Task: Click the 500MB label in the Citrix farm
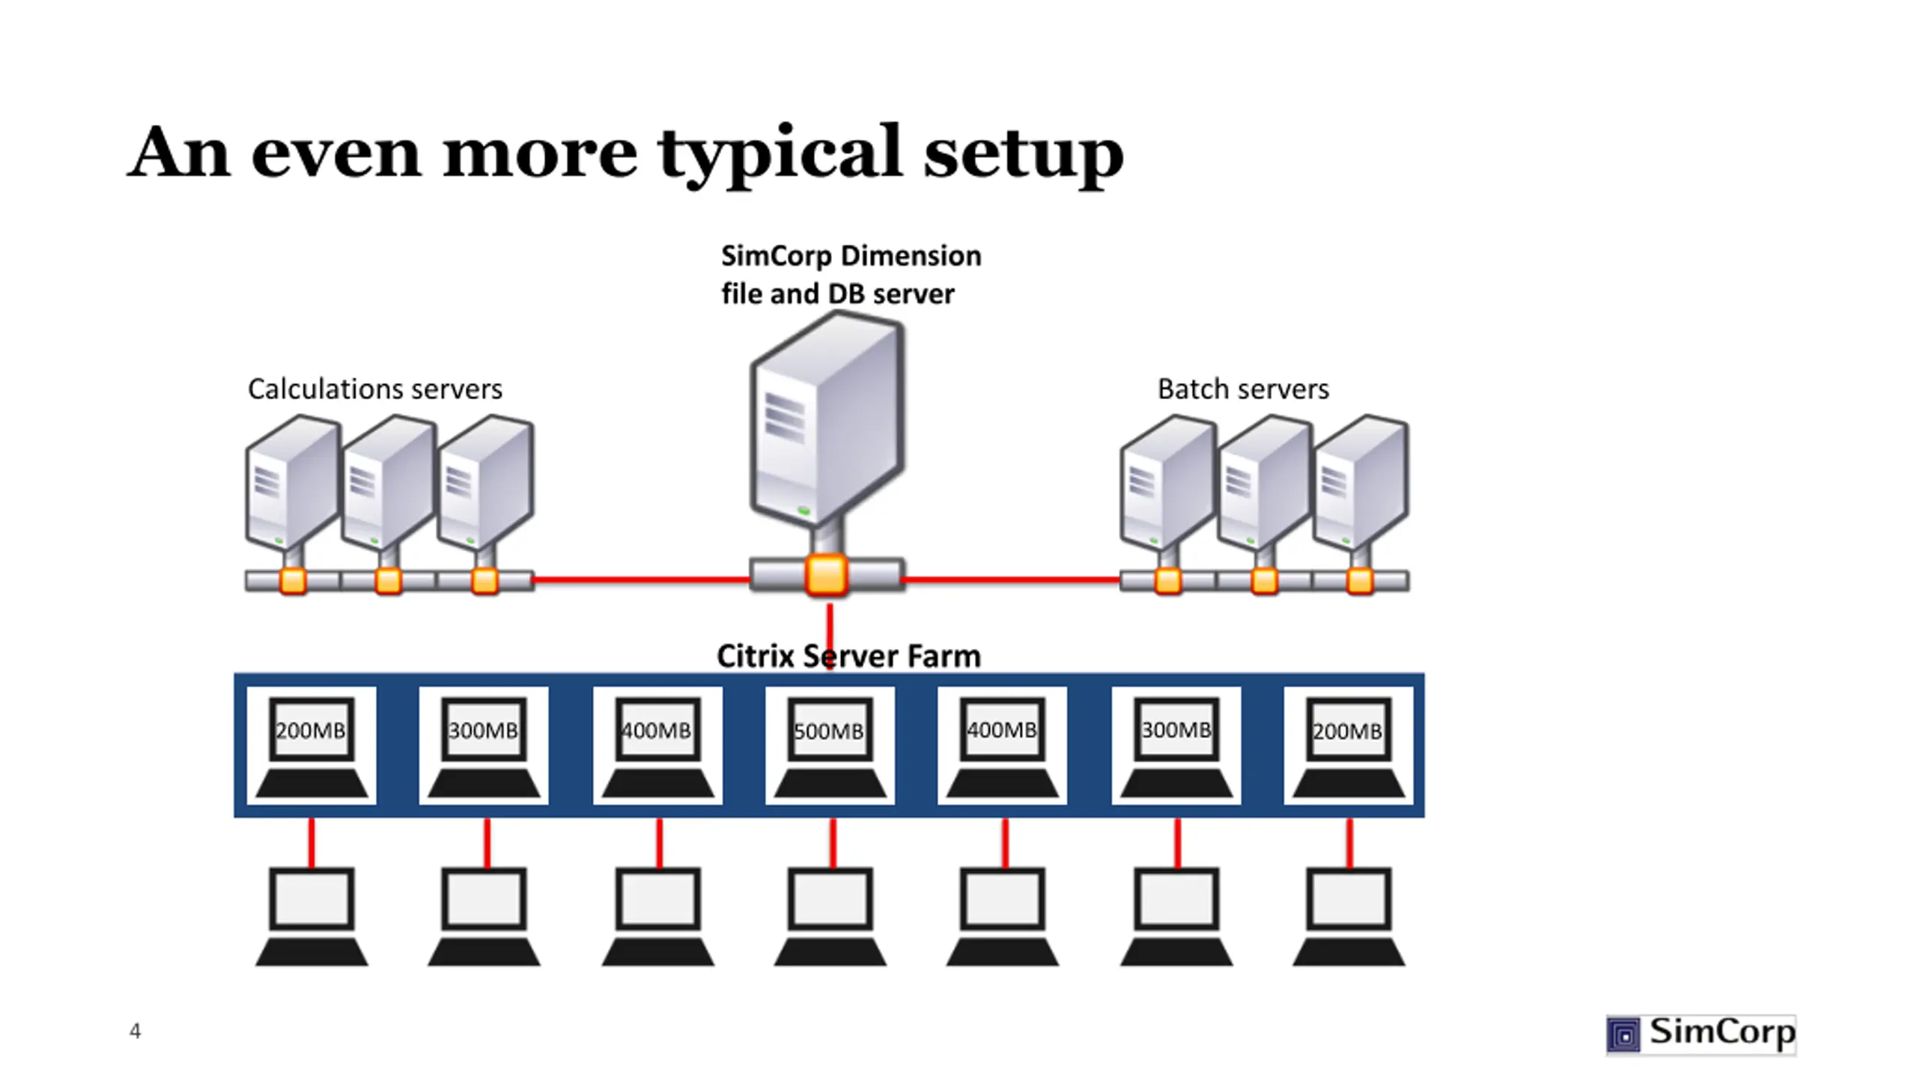828,731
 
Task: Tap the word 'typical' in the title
780,155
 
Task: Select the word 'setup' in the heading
1024,155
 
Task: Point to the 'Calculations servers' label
375,389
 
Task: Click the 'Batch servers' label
1243,389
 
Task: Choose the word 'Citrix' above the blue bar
755,656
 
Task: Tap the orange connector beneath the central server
826,576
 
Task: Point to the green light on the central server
803,511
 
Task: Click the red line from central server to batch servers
1012,579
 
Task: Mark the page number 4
135,1032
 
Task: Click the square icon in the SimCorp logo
1623,1035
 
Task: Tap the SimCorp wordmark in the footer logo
1722,1032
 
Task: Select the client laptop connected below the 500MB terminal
830,917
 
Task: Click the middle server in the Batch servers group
1264,483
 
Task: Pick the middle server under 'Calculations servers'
389,483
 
